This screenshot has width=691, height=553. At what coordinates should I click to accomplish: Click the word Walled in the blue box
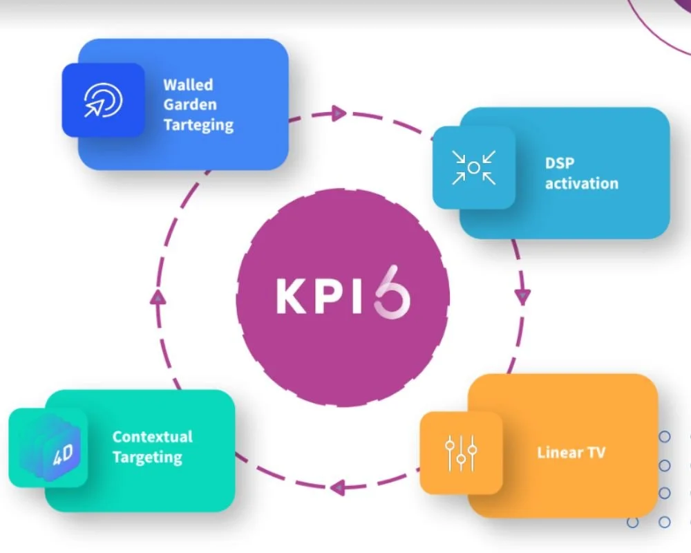click(188, 85)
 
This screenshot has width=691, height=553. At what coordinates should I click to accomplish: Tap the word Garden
click(190, 105)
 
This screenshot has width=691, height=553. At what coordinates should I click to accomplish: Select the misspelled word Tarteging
click(198, 126)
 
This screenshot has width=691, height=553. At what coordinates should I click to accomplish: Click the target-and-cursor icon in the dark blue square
click(103, 101)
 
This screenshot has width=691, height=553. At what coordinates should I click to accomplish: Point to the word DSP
click(560, 164)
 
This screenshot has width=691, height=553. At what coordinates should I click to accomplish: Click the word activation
click(581, 184)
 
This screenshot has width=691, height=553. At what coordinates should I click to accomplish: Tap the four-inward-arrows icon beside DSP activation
click(473, 167)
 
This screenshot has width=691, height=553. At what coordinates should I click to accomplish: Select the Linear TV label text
click(571, 453)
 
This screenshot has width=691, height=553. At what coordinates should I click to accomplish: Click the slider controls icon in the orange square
click(461, 453)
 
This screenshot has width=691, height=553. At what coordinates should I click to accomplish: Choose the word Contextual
click(153, 437)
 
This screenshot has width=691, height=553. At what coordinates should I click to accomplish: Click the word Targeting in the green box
click(147, 458)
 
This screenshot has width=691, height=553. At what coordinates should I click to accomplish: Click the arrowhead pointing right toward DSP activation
click(338, 113)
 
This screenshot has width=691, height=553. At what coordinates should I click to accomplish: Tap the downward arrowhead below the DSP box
click(522, 296)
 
